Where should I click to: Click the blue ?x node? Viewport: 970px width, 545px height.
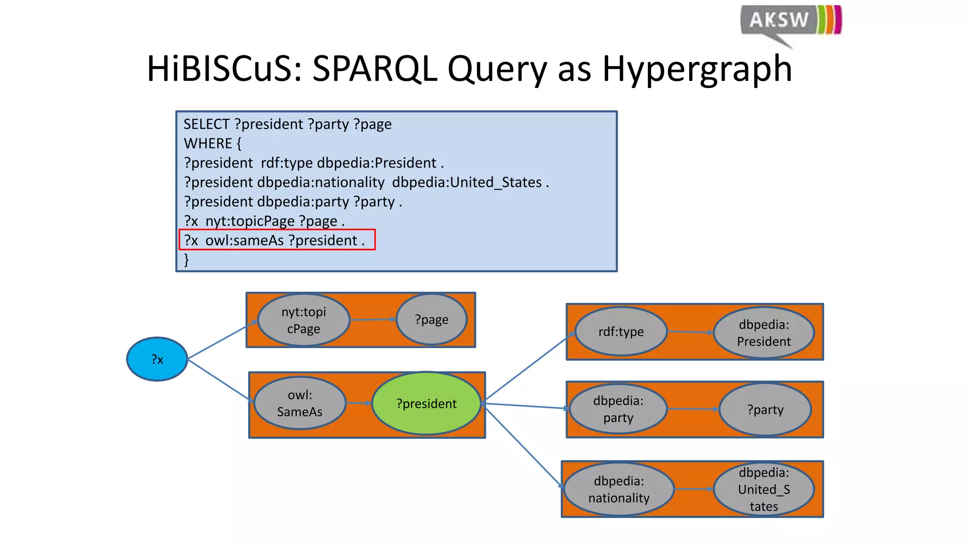[x=157, y=359]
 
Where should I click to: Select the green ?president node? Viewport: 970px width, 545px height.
[x=426, y=404]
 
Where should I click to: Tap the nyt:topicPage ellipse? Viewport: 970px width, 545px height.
[x=304, y=320]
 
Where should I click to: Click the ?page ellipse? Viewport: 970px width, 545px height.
[x=431, y=320]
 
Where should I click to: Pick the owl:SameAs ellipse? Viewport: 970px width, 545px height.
[x=300, y=403]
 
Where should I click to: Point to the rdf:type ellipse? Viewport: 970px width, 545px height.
[x=621, y=332]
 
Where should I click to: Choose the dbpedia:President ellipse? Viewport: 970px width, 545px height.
[x=763, y=333]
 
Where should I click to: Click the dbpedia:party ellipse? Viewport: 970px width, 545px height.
[x=618, y=409]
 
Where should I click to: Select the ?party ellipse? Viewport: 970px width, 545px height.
[x=765, y=409]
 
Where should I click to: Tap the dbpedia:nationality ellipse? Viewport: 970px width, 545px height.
[x=619, y=489]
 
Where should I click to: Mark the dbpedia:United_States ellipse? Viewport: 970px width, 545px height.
[x=763, y=489]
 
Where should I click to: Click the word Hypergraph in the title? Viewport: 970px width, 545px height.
[x=697, y=69]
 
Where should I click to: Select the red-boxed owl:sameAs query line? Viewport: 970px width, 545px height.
[x=277, y=240]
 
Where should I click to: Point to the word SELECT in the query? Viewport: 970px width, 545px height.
[x=207, y=124]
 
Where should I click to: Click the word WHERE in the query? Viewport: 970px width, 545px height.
[x=208, y=143]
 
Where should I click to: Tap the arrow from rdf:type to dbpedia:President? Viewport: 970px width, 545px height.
[x=690, y=332]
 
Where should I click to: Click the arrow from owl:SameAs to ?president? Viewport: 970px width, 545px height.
[x=359, y=403]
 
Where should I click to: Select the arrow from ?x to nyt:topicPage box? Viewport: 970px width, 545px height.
[x=222, y=340]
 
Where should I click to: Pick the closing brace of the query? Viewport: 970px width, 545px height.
[x=186, y=259]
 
